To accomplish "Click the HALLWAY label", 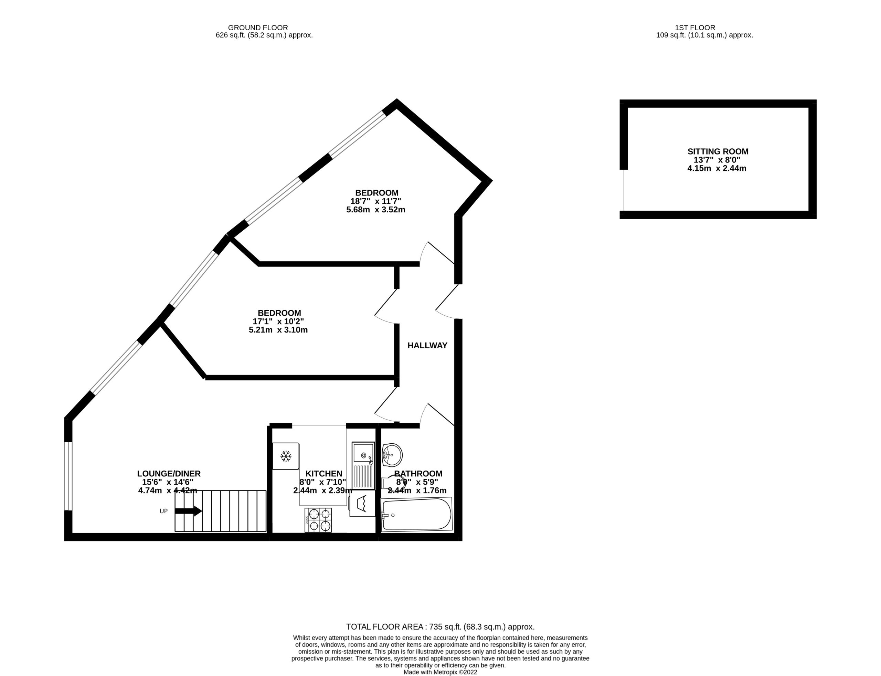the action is click(427, 345).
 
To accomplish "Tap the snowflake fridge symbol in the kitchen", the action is click(286, 456).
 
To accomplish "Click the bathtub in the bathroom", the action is click(416, 515).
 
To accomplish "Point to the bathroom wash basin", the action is click(392, 455).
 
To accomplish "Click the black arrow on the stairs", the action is click(188, 511).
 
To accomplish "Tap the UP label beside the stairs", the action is click(164, 511).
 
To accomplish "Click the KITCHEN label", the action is click(324, 474).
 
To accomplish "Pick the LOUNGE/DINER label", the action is click(169, 474).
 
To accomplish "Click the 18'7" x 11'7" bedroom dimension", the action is click(376, 201).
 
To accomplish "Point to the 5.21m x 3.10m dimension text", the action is click(278, 330).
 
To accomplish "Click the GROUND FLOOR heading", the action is click(258, 28).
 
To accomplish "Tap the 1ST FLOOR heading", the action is click(695, 28).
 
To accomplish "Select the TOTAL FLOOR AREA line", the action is click(440, 626).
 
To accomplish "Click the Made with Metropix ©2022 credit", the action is click(440, 672).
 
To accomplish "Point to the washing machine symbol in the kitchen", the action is click(362, 503).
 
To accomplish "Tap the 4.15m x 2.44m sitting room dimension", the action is click(717, 169).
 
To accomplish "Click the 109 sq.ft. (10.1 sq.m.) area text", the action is click(704, 35).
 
